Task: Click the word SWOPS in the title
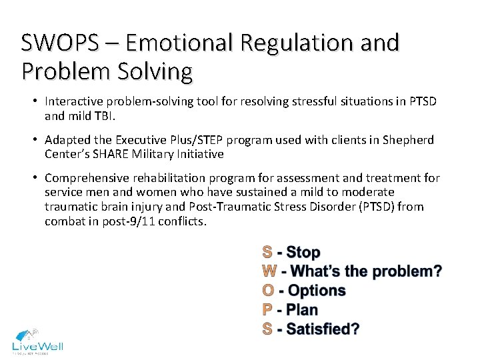click(x=59, y=43)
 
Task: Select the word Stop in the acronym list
click(x=303, y=253)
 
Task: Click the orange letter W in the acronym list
click(x=269, y=271)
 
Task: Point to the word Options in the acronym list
click(x=317, y=291)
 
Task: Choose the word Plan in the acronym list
click(x=302, y=310)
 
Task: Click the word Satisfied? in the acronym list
click(x=323, y=329)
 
